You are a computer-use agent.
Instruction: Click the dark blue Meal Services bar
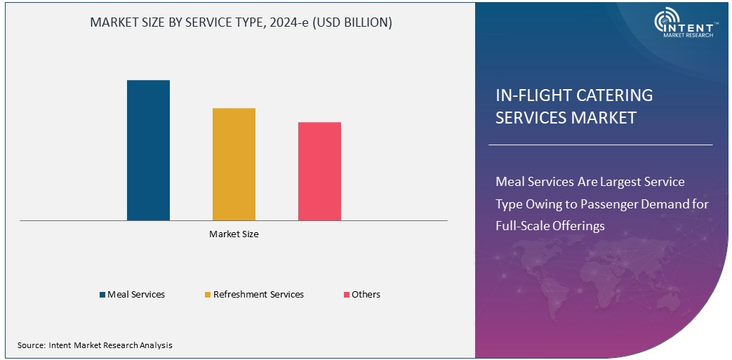(148, 150)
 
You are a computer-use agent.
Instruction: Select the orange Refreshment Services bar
(234, 164)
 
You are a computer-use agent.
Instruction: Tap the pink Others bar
(319, 171)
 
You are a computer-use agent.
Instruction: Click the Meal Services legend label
(136, 295)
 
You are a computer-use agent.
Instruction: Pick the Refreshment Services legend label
(258, 295)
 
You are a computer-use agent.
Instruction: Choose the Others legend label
(366, 295)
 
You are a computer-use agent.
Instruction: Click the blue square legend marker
(102, 295)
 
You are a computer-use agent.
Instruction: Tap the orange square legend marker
(208, 295)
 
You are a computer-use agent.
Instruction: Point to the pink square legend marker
(346, 295)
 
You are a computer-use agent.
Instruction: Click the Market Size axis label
(234, 234)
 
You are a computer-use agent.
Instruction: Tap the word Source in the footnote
(31, 345)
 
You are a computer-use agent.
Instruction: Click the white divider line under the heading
(600, 145)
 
